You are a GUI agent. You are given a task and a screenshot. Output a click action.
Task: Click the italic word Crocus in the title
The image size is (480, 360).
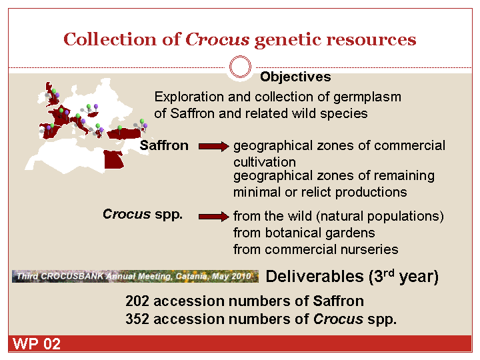tap(217, 39)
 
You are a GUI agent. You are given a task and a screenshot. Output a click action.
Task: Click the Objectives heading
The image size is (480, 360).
tap(295, 77)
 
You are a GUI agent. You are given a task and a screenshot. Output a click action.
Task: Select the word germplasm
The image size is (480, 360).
tap(367, 97)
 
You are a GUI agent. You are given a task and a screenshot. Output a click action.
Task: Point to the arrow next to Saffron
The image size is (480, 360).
tap(214, 146)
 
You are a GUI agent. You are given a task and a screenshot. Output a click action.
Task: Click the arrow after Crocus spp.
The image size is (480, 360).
tap(214, 217)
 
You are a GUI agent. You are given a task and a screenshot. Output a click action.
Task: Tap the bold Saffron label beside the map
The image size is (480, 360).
tap(164, 145)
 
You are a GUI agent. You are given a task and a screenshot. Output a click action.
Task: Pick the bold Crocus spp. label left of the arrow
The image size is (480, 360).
tap(143, 214)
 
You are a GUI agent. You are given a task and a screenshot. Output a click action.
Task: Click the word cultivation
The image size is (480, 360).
tap(265, 162)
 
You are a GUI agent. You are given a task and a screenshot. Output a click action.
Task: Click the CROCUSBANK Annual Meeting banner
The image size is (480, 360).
tap(135, 277)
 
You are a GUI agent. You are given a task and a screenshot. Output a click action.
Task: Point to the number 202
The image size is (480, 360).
tap(137, 301)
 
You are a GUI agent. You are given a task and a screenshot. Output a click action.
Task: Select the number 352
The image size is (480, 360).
tap(137, 319)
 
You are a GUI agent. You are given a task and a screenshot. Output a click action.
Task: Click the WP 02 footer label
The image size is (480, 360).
tap(37, 344)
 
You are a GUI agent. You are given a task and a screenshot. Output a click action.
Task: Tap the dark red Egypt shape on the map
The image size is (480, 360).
tap(113, 159)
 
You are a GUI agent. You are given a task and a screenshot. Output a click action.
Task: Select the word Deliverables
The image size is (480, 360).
tap(315, 277)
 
